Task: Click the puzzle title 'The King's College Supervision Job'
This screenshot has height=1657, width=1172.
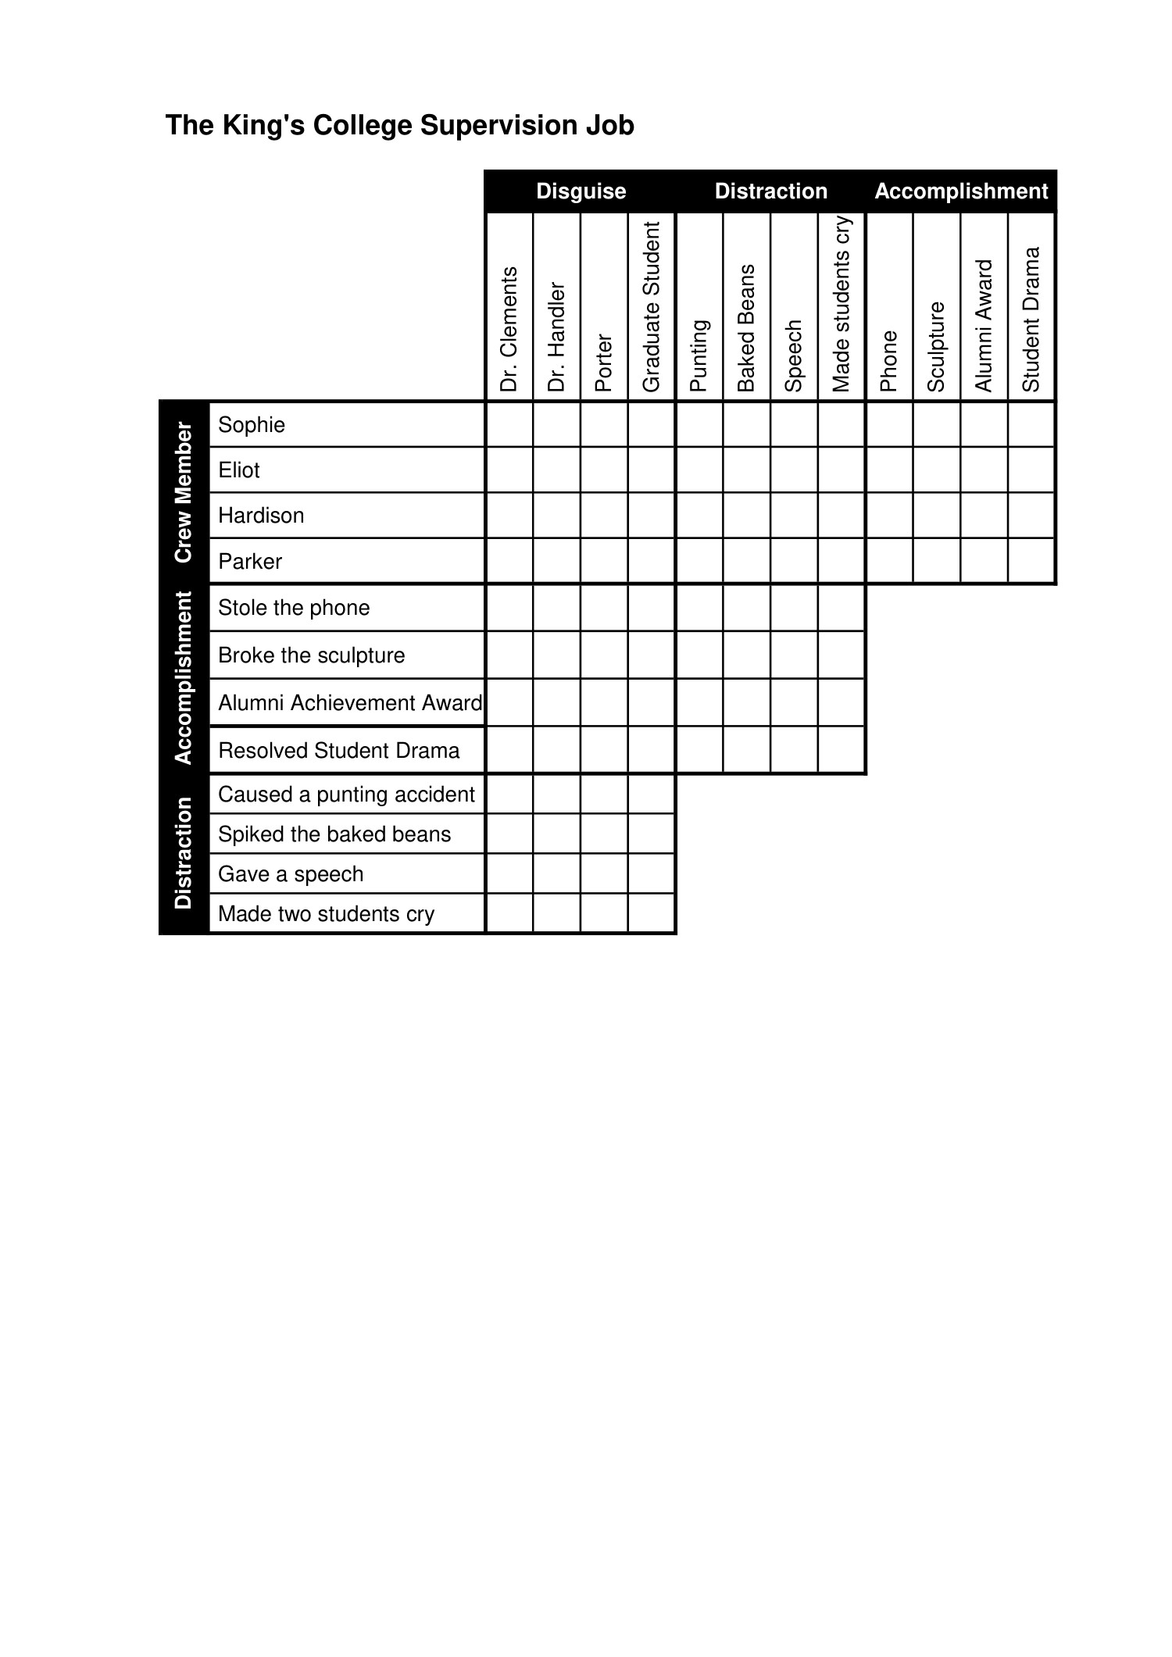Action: coord(399,126)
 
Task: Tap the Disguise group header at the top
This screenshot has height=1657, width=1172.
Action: coord(581,191)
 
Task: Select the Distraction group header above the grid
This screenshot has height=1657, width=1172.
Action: coord(770,191)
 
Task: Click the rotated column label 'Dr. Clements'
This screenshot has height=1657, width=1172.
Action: coord(509,329)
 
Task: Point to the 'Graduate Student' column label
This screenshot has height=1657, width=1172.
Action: coord(652,306)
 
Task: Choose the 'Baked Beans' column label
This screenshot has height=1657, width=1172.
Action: coord(747,328)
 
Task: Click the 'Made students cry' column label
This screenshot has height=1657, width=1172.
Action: coord(841,304)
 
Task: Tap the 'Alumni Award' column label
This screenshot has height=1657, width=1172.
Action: coord(984,326)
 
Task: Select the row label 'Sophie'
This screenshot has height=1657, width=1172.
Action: coord(252,425)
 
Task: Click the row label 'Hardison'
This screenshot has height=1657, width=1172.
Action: coord(261,516)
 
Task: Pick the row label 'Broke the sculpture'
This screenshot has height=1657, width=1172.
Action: coord(311,655)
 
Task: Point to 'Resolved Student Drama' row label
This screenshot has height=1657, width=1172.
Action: coord(338,751)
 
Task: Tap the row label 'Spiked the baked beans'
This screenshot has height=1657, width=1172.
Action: coord(334,834)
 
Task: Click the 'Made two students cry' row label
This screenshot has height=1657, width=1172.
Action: coord(326,914)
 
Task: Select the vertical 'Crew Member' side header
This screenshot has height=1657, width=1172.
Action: coord(184,492)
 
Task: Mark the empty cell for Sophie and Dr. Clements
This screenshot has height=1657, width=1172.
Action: coord(509,425)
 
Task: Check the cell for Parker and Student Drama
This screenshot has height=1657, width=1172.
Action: coord(1031,561)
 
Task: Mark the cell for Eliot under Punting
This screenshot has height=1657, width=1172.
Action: coord(699,470)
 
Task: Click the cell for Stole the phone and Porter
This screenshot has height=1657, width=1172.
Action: coord(604,608)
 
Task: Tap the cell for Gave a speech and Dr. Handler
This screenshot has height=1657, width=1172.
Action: coord(556,873)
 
